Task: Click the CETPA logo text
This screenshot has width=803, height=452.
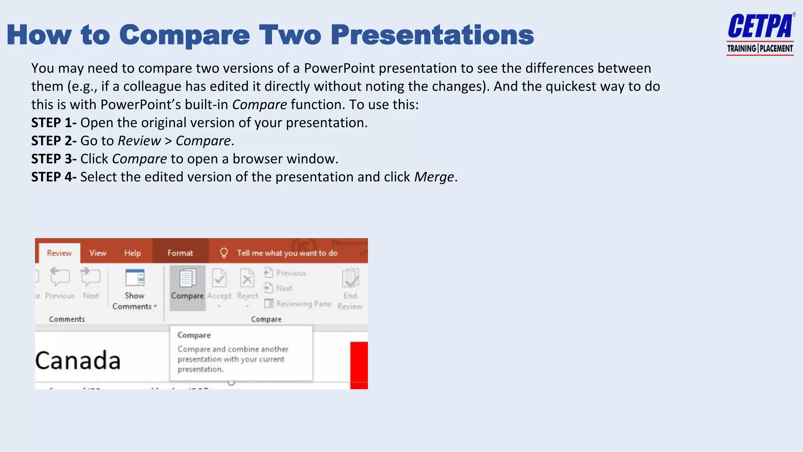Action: click(760, 27)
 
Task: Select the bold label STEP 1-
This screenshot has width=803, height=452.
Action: click(54, 123)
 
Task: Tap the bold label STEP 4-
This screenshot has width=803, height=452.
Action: click(54, 177)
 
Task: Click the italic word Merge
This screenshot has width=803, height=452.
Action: click(434, 177)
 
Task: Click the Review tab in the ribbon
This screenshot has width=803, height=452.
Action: click(59, 253)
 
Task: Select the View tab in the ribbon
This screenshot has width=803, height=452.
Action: click(98, 253)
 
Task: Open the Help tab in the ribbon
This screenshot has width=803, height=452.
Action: click(133, 253)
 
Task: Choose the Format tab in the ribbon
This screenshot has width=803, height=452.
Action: click(180, 253)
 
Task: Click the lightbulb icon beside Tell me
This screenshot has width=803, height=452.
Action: click(224, 253)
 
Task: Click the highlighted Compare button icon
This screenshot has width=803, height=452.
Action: click(187, 279)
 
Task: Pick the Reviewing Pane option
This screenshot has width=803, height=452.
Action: click(298, 304)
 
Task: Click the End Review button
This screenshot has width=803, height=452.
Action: click(350, 288)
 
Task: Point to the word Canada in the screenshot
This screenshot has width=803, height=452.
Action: click(78, 361)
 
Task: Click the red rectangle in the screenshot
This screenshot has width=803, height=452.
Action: click(359, 365)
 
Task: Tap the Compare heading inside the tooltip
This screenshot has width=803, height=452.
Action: click(194, 335)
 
